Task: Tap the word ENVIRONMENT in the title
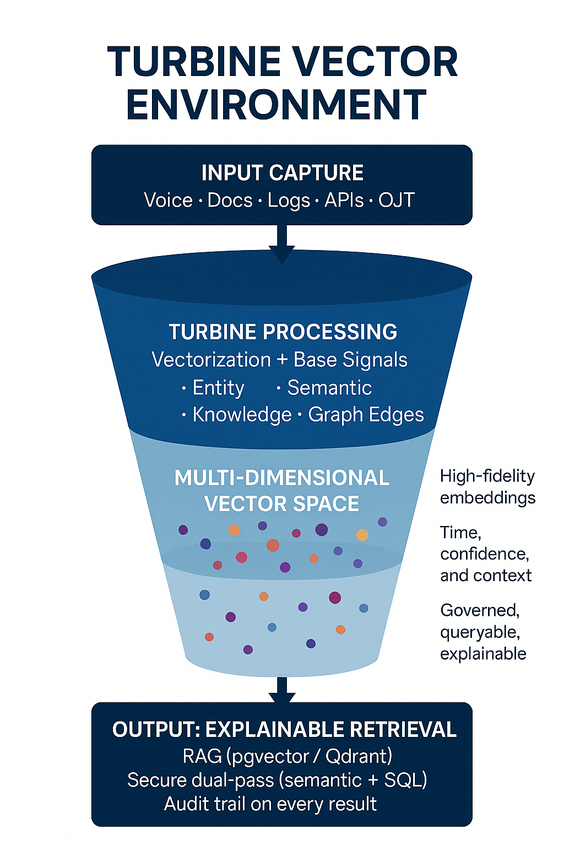point(276,105)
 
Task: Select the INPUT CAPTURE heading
point(282,173)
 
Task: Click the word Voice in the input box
point(168,200)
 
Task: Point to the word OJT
point(396,200)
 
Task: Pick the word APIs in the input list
point(344,200)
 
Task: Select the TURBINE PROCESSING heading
point(283,332)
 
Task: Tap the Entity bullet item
point(218,388)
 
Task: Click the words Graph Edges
point(366,415)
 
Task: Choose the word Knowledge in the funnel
point(242,415)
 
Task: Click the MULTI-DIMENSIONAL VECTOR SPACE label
point(281,490)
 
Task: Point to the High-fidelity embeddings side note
point(487,486)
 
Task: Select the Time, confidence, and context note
point(485,554)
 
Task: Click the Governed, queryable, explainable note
point(482,632)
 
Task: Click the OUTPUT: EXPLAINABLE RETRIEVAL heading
point(284,729)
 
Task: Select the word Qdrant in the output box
point(357,756)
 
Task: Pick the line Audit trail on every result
point(270,804)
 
